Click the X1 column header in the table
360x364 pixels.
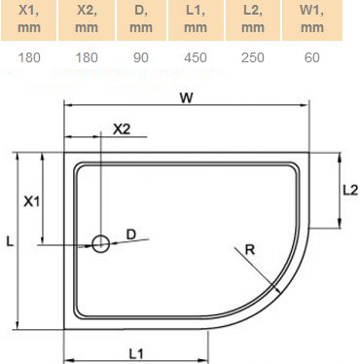(x=29, y=18)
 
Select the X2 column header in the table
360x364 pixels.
(x=86, y=18)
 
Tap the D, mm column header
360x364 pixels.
(x=141, y=18)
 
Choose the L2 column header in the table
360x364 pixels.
(x=254, y=18)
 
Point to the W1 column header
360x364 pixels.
(x=311, y=18)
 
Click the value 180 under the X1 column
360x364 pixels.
(x=29, y=57)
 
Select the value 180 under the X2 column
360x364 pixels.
(x=86, y=57)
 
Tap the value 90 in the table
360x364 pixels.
(x=141, y=57)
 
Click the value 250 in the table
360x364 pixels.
(x=254, y=57)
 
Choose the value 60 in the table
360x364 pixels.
(x=311, y=57)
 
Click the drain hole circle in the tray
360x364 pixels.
(x=100, y=243)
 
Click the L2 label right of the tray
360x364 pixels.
(x=347, y=191)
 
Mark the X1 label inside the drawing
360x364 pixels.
(x=31, y=201)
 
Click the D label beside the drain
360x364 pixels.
(x=131, y=235)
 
